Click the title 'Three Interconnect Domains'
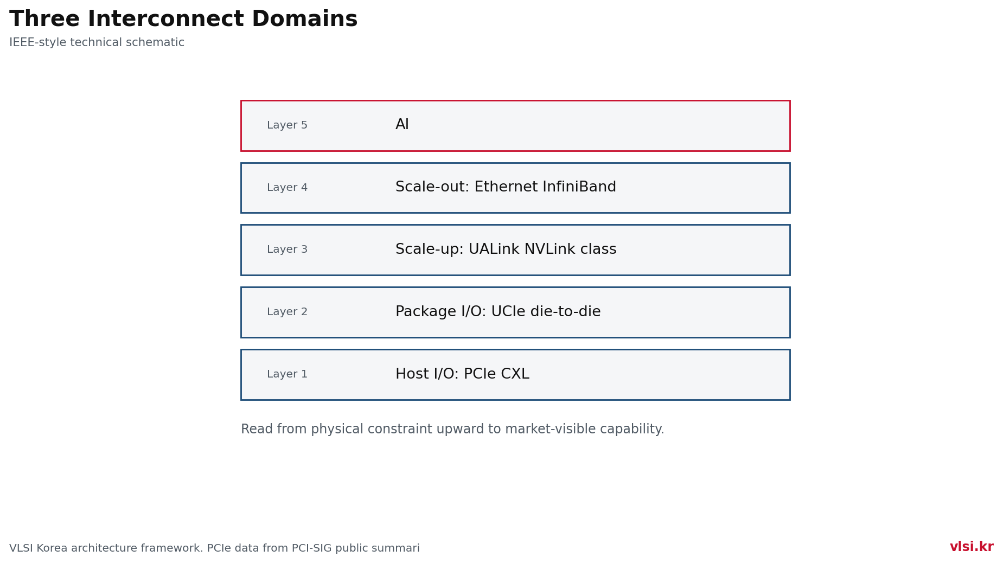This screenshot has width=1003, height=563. (183, 20)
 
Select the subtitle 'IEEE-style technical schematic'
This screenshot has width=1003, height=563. (97, 42)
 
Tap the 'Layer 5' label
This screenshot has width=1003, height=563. (287, 125)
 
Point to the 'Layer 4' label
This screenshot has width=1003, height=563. (287, 188)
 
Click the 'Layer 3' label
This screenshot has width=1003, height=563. (287, 249)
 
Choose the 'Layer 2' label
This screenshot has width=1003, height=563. (287, 312)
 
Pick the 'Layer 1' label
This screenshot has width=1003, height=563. (287, 374)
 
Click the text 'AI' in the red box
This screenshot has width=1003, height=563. (402, 125)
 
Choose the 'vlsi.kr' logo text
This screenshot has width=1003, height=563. (972, 547)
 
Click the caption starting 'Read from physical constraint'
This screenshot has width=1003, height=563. (452, 430)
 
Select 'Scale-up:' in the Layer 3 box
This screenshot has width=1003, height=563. (430, 250)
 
